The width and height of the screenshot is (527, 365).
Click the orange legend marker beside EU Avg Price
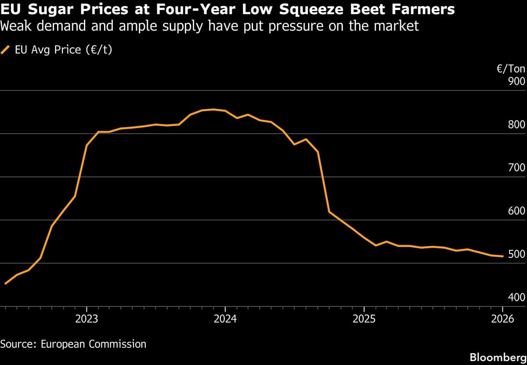click(6, 50)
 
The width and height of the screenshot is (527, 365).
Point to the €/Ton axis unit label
click(511, 69)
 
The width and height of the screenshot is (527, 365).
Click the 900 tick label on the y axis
click(516, 82)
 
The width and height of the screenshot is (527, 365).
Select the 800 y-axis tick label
click(516, 125)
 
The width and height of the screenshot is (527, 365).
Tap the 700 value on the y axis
click(516, 168)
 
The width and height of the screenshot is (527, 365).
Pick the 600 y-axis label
click(516, 211)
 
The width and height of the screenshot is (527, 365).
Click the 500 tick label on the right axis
click(516, 254)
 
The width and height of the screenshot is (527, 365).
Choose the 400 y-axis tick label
click(516, 297)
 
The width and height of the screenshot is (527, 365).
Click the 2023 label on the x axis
click(87, 319)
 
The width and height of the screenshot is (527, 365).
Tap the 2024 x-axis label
click(225, 319)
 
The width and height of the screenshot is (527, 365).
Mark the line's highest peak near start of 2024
click(213, 109)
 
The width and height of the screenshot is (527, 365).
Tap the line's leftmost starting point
click(5, 284)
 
